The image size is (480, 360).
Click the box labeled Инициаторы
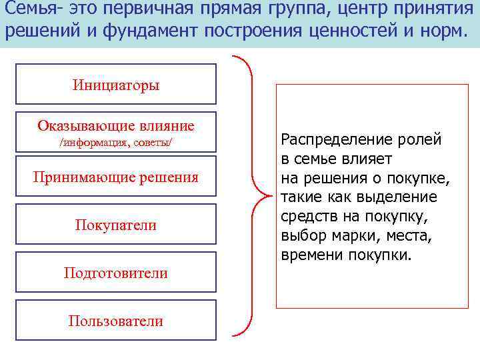116,85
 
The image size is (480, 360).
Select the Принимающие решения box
116,177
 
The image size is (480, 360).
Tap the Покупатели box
116,225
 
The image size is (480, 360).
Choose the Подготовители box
116,273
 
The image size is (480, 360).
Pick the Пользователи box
116,321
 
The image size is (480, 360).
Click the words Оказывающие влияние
116,125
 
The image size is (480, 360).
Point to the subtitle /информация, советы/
116,143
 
